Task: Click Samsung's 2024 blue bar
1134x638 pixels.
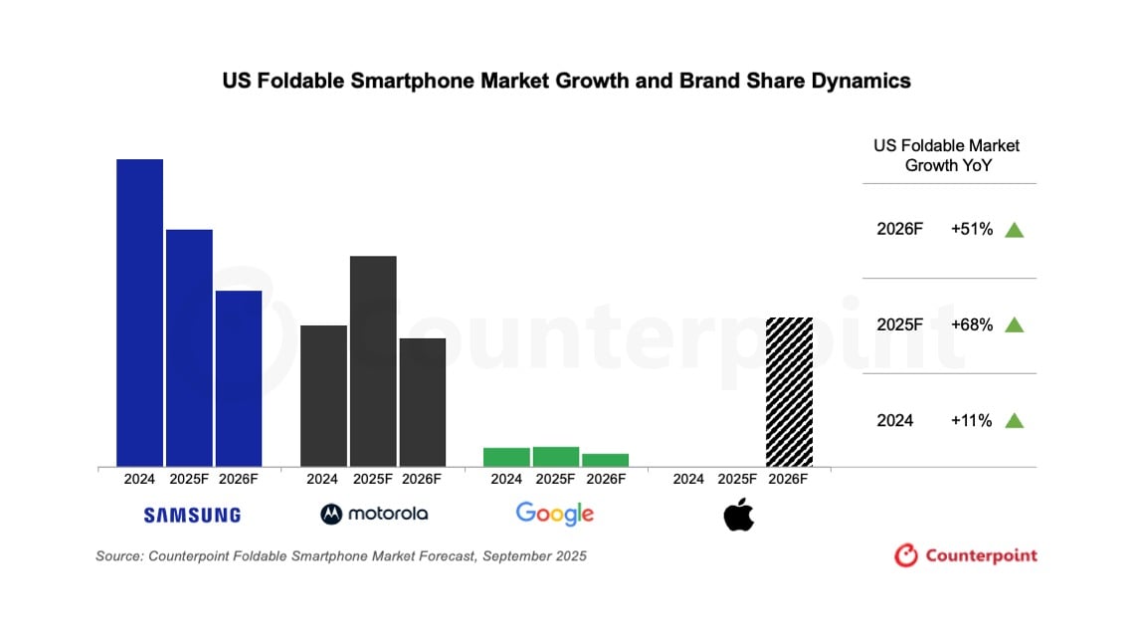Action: click(x=139, y=313)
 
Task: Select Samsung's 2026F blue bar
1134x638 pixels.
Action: click(x=239, y=378)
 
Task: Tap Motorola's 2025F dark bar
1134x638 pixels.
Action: click(x=373, y=360)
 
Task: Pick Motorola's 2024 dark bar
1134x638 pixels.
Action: click(x=323, y=395)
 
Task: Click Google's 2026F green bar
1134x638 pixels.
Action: click(x=605, y=460)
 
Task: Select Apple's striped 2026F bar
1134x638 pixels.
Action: click(x=789, y=391)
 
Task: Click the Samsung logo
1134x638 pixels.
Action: click(x=192, y=515)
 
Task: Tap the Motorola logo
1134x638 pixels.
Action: click(x=374, y=514)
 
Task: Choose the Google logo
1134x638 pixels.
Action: click(x=554, y=514)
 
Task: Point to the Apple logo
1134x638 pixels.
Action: click(x=738, y=515)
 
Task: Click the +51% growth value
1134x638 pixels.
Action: click(x=972, y=230)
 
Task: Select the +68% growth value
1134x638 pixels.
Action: click(x=972, y=324)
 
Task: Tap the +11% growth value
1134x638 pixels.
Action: click(x=972, y=421)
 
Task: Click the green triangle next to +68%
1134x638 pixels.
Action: click(x=1014, y=324)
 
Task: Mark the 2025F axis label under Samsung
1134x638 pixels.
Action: click(x=189, y=479)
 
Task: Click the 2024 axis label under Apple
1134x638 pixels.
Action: click(x=688, y=479)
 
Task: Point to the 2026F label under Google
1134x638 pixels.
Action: click(x=605, y=479)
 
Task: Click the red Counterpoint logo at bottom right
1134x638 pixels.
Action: click(x=966, y=555)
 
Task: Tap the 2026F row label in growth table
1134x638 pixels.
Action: click(x=899, y=230)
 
